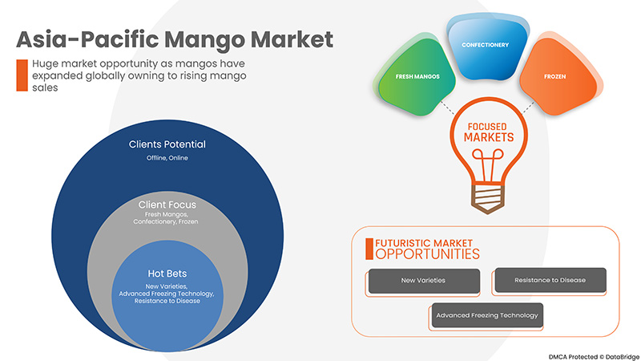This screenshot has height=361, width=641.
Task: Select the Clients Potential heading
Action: click(167, 144)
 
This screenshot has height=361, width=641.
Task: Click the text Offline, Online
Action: click(167, 158)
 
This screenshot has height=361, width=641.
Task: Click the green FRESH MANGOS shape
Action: click(416, 78)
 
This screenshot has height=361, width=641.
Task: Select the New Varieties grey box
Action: click(424, 281)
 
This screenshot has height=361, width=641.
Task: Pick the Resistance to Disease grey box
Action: click(550, 280)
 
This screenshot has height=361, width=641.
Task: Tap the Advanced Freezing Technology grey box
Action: click(487, 315)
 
